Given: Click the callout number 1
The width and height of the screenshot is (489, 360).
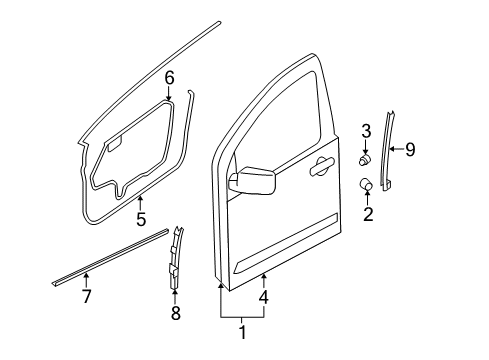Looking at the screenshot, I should pos(241,329).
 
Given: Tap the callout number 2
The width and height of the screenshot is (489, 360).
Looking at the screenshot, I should pos(367,213).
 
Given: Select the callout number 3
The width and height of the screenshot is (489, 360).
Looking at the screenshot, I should pos(366,130).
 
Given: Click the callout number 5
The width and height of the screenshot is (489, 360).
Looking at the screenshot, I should pos(140,219).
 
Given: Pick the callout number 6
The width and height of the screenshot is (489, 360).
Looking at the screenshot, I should pos(169,77).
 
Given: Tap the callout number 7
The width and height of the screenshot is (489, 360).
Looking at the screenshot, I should pos(86,298).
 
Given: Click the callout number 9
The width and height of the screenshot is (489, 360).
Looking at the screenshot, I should pos(409,150).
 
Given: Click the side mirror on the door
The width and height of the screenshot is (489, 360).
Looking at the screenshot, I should pos(252,181).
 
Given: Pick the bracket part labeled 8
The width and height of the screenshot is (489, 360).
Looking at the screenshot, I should pos(174,260).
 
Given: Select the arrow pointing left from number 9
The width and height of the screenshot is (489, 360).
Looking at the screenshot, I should pos(393,150).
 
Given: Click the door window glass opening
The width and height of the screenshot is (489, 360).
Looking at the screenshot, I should pos(275,120).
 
